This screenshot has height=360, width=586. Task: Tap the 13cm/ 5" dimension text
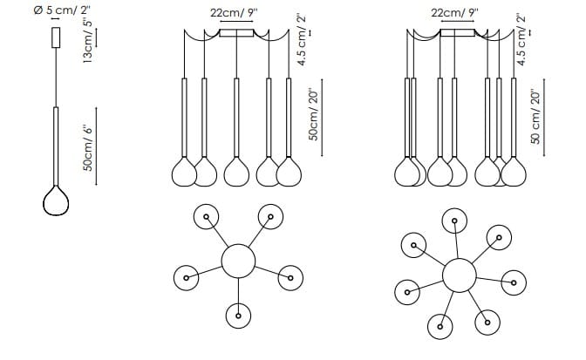(x=88, y=41)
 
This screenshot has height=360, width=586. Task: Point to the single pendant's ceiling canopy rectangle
(x=57, y=38)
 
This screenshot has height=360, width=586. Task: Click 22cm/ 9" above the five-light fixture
(x=236, y=13)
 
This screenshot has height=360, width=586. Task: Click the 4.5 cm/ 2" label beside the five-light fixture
(x=302, y=41)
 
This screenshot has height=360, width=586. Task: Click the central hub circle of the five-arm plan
(x=237, y=259)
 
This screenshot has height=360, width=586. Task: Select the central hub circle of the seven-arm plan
(x=458, y=275)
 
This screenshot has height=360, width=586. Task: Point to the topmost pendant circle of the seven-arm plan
(x=453, y=221)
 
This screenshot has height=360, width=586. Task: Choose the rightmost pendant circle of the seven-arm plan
(x=514, y=282)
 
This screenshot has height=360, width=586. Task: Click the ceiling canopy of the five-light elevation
(x=236, y=34)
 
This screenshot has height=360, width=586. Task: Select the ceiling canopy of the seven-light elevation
(x=457, y=34)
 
